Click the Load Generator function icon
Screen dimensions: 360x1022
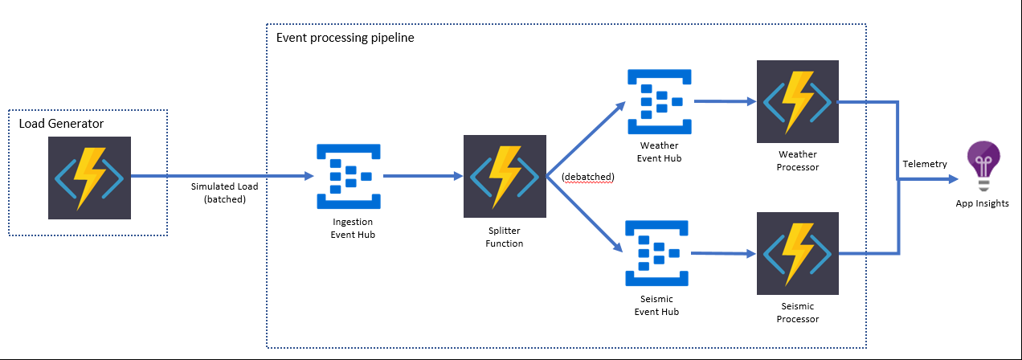88,178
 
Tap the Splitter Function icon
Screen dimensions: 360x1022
504,176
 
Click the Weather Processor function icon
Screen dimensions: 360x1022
796,101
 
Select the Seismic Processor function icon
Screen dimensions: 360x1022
796,253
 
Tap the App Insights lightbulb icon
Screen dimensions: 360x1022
983,165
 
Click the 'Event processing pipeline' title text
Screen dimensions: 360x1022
345,38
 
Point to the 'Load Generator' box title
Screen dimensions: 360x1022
62,123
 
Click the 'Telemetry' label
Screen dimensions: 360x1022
924,164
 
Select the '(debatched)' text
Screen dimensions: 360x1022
587,177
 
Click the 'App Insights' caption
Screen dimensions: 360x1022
982,203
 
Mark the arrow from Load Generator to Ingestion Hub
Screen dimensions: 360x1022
221,175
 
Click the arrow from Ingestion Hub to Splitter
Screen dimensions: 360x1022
423,176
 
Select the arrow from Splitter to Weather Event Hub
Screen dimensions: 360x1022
586,137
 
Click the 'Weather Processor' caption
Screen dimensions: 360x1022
797,161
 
